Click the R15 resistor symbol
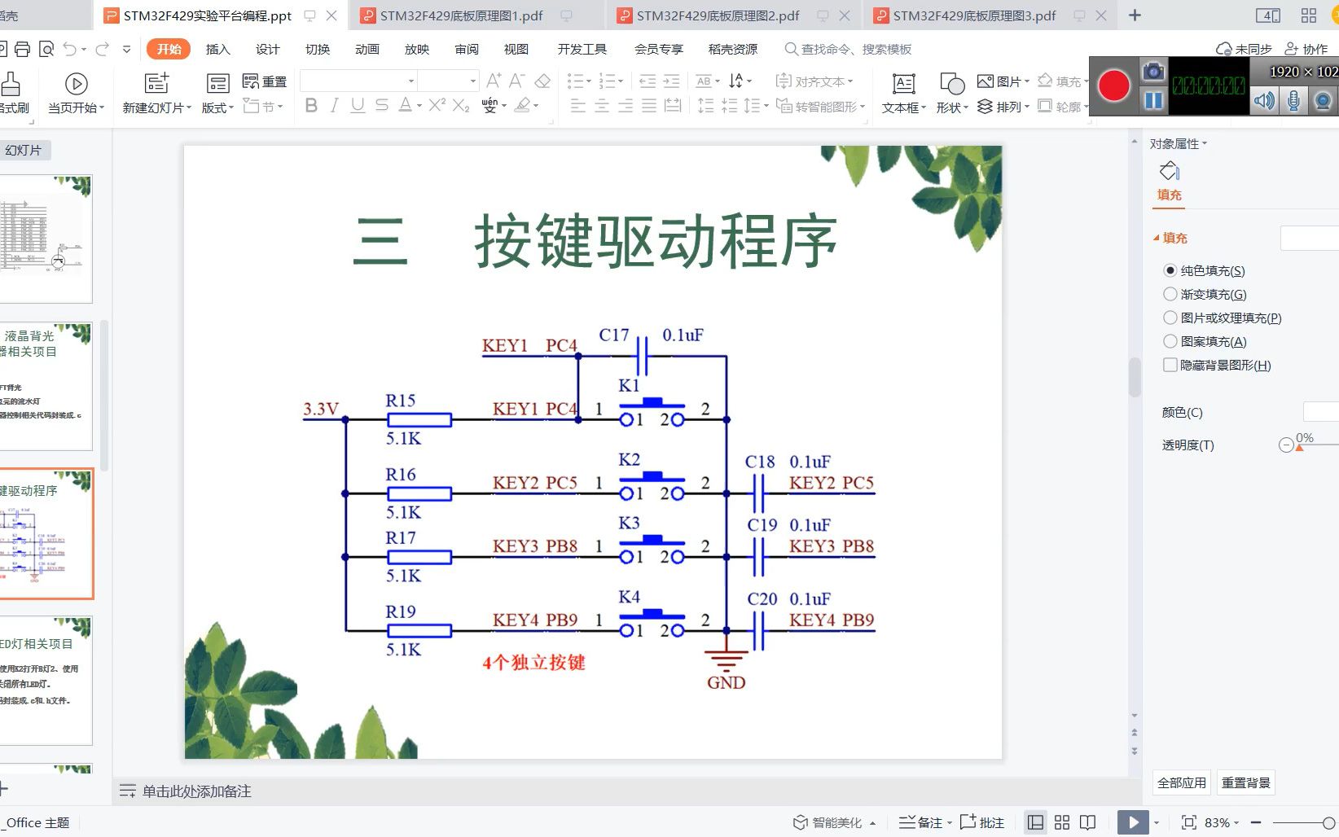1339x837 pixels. pos(419,420)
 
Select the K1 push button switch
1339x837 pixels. pos(652,412)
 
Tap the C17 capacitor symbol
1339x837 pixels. pos(642,356)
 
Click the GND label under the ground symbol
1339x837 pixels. pos(726,683)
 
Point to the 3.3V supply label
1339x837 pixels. pos(321,409)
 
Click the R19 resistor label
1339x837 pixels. pos(401,611)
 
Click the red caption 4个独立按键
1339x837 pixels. pos(533,663)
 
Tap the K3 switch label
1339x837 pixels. pos(629,523)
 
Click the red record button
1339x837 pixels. pos(1113,86)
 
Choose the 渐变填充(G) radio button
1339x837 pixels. pos(1170,294)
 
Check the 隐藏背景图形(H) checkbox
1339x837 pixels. pos(1170,365)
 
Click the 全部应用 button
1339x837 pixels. pos(1181,782)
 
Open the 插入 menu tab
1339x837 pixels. pos(217,49)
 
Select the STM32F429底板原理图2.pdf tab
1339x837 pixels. pos(718,15)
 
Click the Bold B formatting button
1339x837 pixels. pos(311,106)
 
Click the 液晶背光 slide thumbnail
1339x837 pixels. pos(46,386)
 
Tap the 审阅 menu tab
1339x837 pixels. pos(467,49)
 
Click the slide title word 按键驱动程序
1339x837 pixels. pos(656,241)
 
